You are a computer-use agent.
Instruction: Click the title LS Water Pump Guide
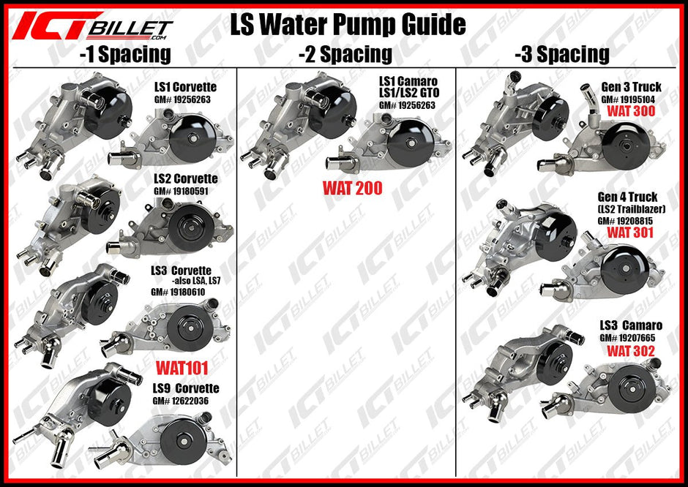point(348,24)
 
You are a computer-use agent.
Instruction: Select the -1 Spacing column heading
point(125,53)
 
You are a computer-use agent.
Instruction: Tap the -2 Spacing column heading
point(345,53)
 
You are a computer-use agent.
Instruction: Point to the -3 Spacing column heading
point(561,53)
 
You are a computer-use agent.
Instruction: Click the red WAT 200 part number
point(353,188)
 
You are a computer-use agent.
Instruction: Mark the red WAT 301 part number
point(630,233)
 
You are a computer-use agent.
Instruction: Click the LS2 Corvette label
point(185,178)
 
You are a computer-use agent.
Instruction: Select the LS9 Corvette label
point(186,388)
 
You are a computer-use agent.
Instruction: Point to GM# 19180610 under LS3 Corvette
point(178,292)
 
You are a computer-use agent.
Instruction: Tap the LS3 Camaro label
point(631,325)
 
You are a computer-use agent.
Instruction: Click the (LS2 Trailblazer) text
point(628,209)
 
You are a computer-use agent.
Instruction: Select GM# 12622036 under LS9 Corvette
point(180,401)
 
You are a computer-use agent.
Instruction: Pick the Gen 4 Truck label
point(627,197)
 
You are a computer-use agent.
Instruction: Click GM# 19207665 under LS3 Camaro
point(627,338)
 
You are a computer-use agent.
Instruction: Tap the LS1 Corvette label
point(185,87)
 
